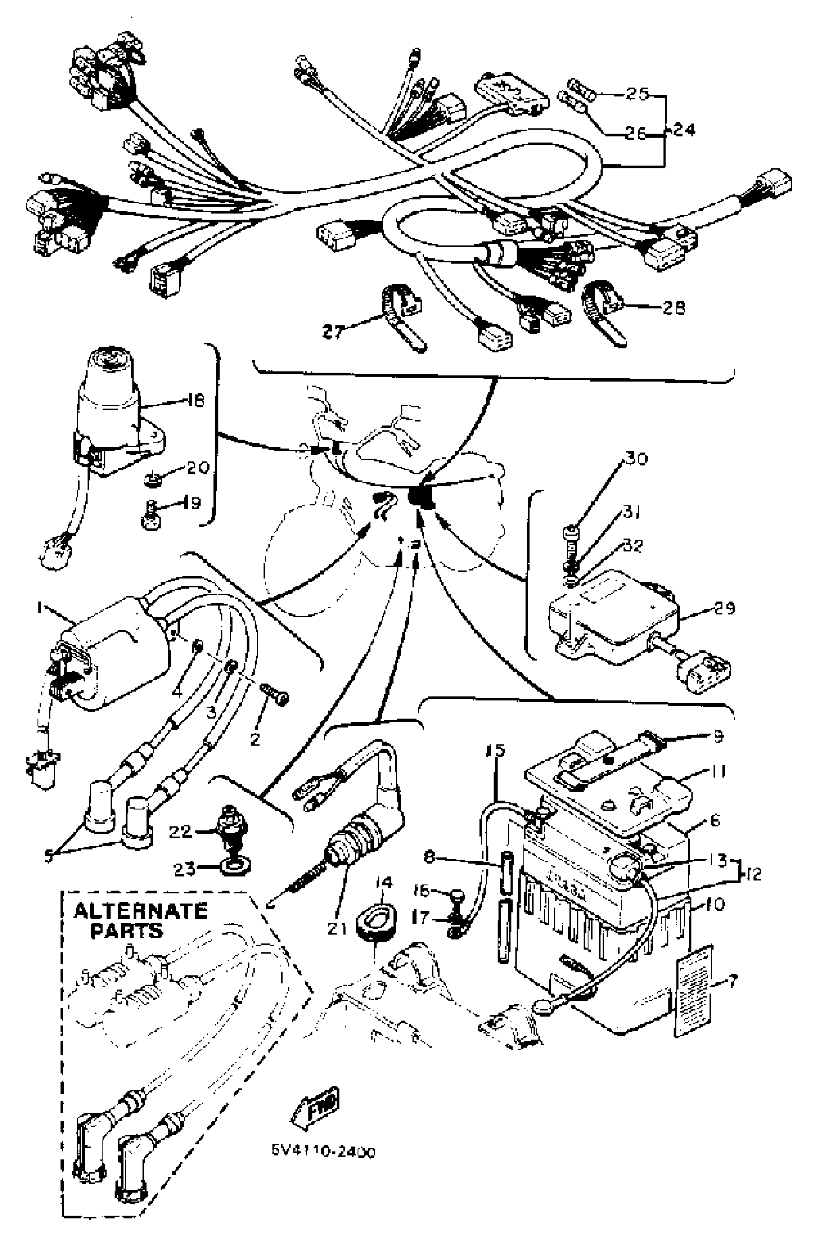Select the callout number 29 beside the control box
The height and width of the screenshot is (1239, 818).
click(x=724, y=607)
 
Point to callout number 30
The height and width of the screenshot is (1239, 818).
click(x=636, y=459)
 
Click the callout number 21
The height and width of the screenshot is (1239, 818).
click(x=337, y=928)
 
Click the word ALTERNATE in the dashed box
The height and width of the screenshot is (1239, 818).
click(x=141, y=911)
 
